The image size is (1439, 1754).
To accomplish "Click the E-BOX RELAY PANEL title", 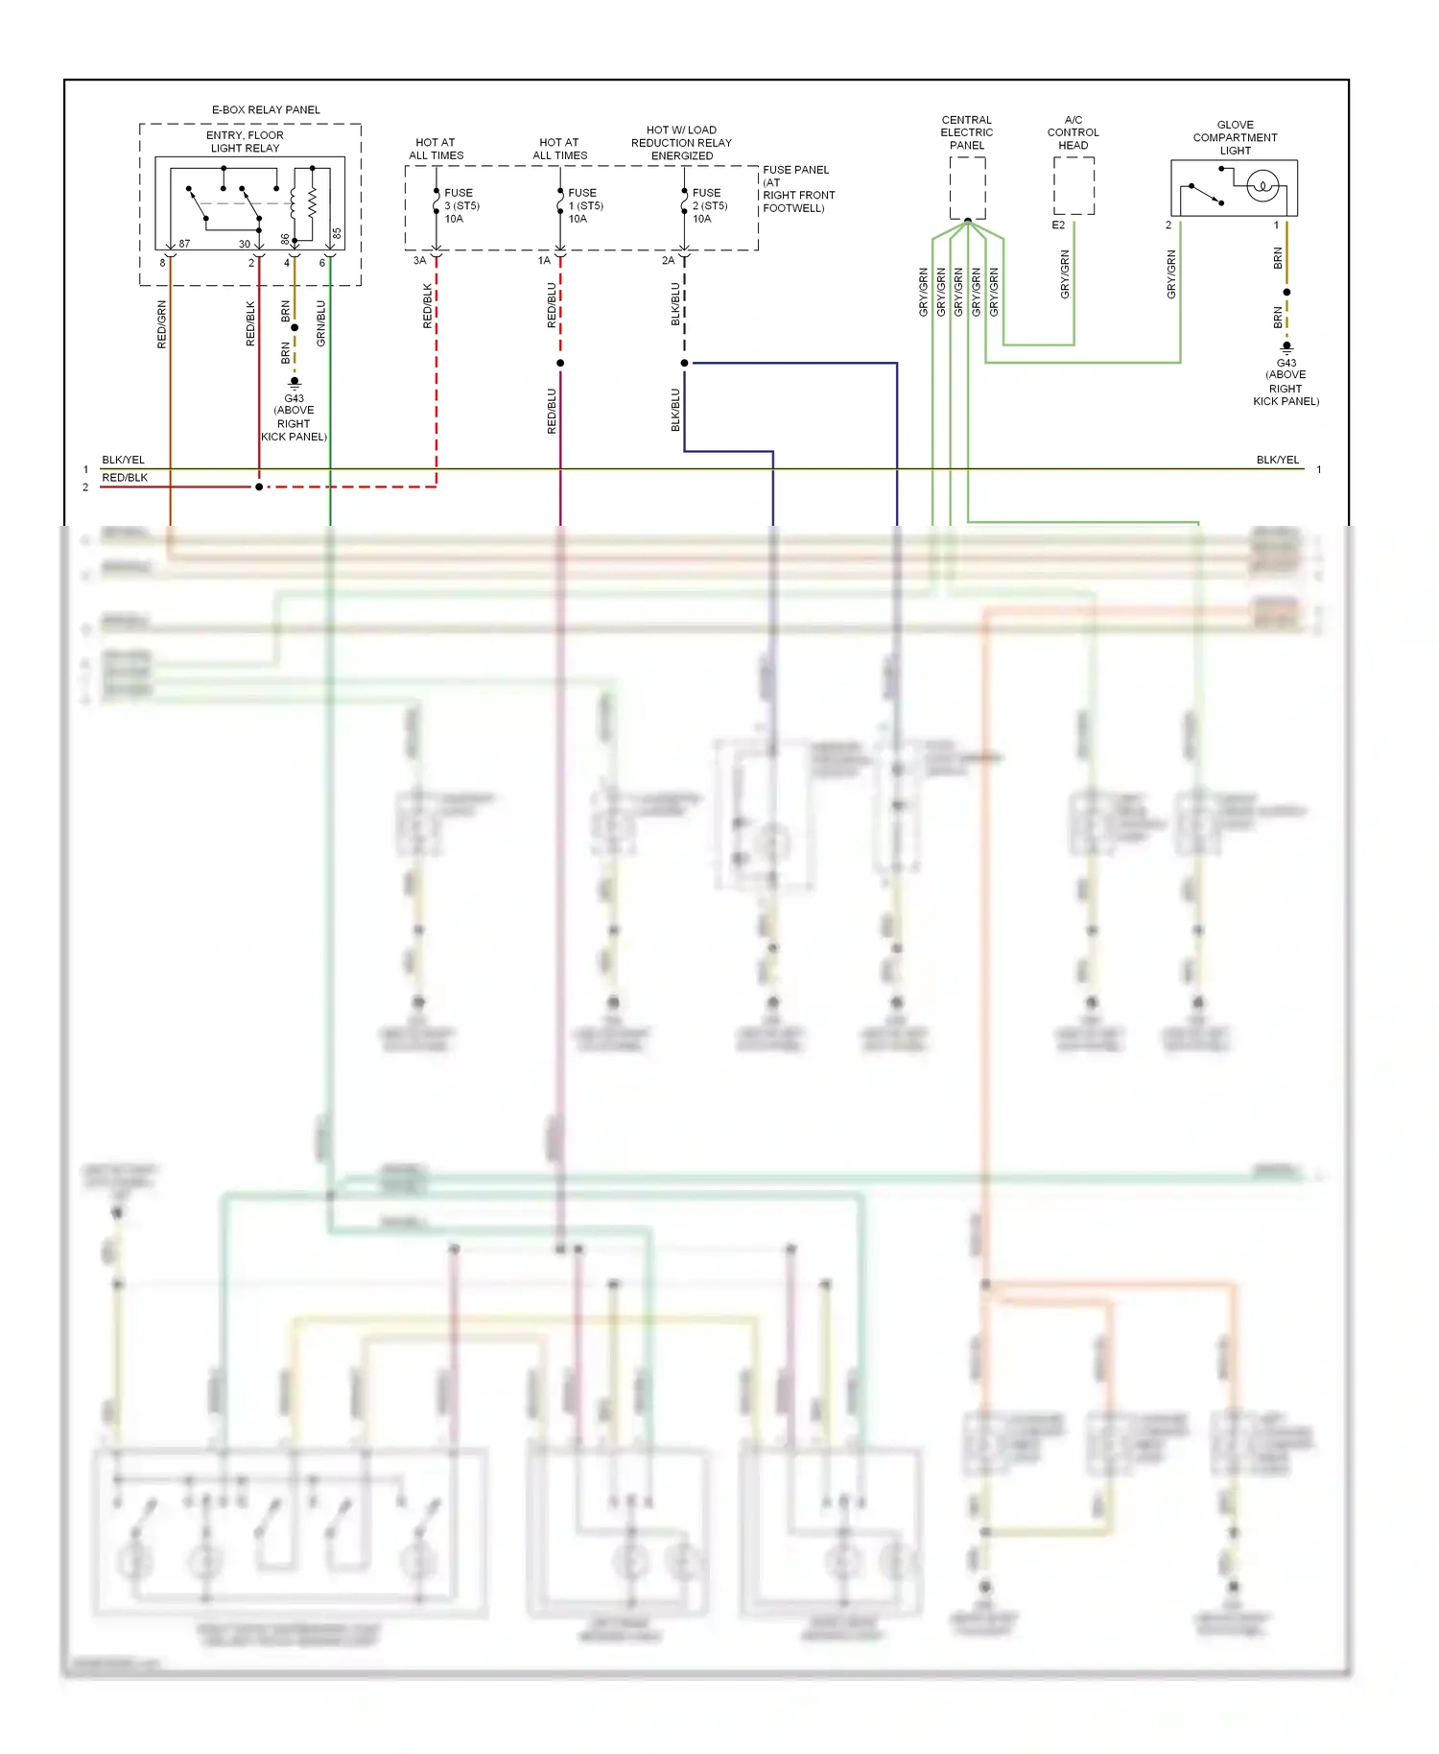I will point(266,109).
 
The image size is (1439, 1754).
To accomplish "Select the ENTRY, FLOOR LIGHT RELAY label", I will point(245,141).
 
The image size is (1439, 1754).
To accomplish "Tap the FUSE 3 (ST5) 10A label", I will point(461,205).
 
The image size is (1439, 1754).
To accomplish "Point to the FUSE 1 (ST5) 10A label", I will point(585,205).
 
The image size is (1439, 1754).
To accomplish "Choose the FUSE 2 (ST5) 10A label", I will point(709,205).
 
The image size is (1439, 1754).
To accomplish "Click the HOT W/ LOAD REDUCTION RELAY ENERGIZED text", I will point(681,142).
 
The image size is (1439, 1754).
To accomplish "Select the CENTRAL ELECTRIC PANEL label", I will point(966,132).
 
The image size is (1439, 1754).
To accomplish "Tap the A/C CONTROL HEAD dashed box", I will point(1073,186).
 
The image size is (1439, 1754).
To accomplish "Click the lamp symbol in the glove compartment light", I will point(1263,185).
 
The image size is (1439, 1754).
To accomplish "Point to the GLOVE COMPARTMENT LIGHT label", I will point(1235,137).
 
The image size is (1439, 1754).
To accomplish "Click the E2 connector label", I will point(1058,225).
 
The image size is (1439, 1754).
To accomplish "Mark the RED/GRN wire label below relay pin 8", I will point(162,324).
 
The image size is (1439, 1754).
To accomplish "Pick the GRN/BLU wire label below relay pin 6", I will point(321,324).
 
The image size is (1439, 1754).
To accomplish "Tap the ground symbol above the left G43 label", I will point(295,382).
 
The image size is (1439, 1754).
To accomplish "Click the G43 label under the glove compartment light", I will point(1286,364).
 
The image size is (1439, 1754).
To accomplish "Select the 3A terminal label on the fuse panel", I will point(419,261).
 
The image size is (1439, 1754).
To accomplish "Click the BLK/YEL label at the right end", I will point(1278,460).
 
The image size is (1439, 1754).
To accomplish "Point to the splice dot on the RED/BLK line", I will point(259,486).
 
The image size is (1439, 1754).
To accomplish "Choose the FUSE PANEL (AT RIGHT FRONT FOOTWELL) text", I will point(798,188).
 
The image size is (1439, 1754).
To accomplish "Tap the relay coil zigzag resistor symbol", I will point(312,202).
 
